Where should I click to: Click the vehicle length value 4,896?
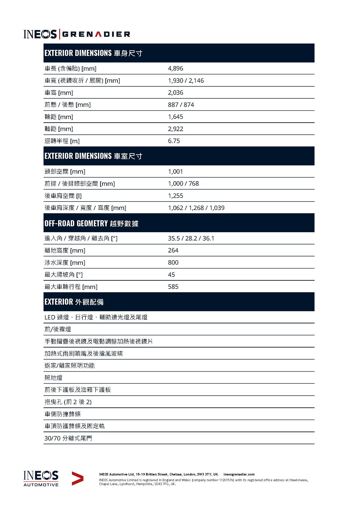click(x=175, y=68)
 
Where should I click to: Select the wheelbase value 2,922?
click(x=175, y=129)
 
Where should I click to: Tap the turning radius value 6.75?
click(x=174, y=141)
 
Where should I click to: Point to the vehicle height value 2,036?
click(x=175, y=93)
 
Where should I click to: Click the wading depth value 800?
click(x=173, y=262)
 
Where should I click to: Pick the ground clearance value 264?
click(x=173, y=250)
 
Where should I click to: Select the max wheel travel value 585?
click(x=173, y=287)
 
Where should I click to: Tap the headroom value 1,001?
click(x=175, y=172)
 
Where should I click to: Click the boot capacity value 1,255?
click(x=175, y=196)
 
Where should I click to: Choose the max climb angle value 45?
click(x=171, y=275)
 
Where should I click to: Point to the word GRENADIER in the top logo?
click(x=96, y=34)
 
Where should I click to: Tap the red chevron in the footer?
click(x=77, y=478)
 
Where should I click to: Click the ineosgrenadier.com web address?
click(x=239, y=475)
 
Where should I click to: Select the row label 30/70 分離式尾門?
click(x=68, y=438)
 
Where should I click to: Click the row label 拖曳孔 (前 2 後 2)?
click(x=68, y=402)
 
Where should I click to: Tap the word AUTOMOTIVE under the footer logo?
click(x=41, y=485)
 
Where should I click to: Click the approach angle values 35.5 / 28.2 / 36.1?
click(x=191, y=238)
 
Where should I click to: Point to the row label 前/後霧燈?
click(x=58, y=329)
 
